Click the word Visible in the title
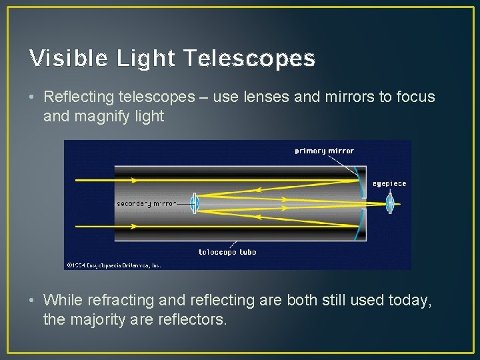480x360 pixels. pyautogui.click(x=69, y=59)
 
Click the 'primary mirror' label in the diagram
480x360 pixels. pyautogui.click(x=324, y=151)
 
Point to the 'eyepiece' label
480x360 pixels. pyautogui.click(x=389, y=183)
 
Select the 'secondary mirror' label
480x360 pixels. pyautogui.click(x=147, y=203)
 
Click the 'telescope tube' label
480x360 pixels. pyautogui.click(x=227, y=252)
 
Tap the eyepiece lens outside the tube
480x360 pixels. pyautogui.click(x=390, y=203)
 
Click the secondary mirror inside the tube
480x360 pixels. pyautogui.click(x=194, y=203)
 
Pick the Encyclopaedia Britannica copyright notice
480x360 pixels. pyautogui.click(x=113, y=265)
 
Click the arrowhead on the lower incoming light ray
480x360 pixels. pyautogui.click(x=134, y=227)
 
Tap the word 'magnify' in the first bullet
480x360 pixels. pyautogui.click(x=103, y=116)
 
